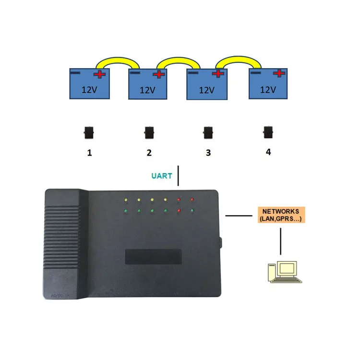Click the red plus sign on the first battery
[100, 74]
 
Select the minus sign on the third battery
[194, 73]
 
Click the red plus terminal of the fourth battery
[279, 73]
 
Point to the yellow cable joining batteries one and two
[117, 60]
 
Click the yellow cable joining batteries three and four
[238, 58]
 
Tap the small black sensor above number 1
[88, 132]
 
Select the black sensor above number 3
[208, 132]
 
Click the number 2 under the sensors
[149, 153]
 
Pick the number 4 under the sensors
[268, 152]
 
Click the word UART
[161, 176]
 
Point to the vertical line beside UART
[178, 176]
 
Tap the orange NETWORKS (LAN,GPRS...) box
[281, 215]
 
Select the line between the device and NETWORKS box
[239, 216]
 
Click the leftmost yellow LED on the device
[125, 200]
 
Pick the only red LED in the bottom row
[179, 210]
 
